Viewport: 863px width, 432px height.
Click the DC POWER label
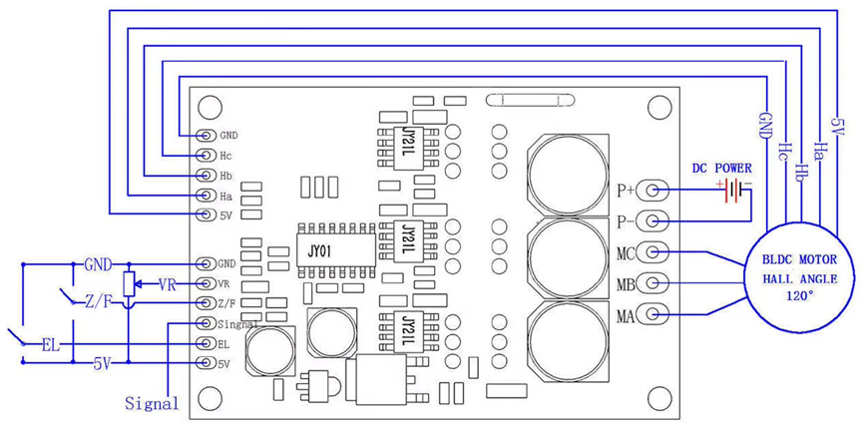722,168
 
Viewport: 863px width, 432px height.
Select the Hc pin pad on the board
205,156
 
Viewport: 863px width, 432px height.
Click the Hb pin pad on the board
205,175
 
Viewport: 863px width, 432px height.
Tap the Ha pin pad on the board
205,195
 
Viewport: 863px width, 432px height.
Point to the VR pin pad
205,284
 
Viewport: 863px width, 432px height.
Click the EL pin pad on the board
205,344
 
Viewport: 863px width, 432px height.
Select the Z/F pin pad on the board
205,303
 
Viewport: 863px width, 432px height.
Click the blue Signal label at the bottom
152,404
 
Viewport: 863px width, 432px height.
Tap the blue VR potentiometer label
168,285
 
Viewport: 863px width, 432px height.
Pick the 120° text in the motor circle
797,297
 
